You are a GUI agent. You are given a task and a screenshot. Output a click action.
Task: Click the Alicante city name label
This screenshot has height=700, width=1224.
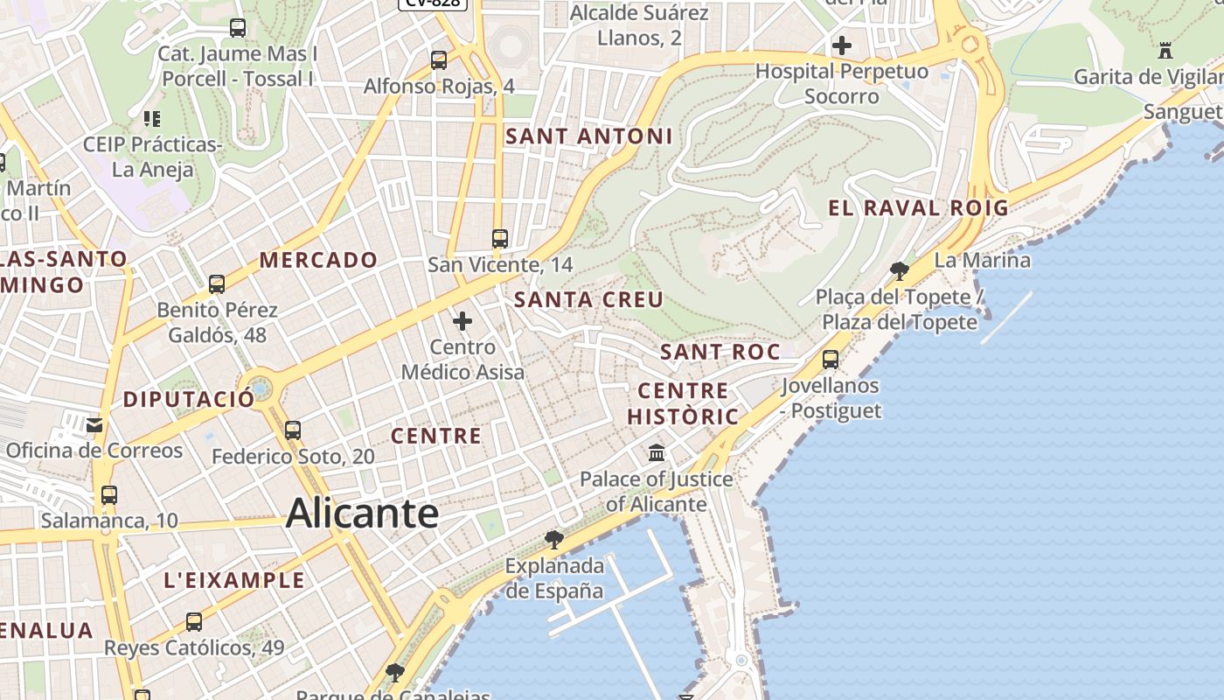tap(362, 513)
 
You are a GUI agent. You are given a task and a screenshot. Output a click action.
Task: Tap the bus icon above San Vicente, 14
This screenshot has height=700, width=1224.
tap(500, 239)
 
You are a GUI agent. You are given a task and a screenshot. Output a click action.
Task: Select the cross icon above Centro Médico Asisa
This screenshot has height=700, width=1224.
tap(462, 321)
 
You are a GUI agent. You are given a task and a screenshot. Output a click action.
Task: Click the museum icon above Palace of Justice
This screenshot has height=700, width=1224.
tap(657, 453)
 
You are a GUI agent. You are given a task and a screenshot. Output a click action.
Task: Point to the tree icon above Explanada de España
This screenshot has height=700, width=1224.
tap(553, 539)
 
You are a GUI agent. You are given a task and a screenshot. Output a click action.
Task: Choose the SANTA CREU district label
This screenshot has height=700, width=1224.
tap(588, 299)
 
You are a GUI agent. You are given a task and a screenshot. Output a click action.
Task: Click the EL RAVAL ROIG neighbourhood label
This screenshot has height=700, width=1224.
tap(918, 208)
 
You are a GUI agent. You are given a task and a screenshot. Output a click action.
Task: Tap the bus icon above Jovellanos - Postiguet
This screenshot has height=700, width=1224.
tap(831, 359)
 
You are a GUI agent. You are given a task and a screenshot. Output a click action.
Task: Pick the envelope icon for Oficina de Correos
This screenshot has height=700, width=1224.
tap(94, 426)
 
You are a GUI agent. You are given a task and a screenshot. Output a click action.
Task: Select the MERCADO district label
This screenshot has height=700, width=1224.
tap(318, 260)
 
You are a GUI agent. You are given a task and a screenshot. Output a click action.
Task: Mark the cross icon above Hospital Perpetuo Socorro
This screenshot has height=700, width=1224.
tap(842, 45)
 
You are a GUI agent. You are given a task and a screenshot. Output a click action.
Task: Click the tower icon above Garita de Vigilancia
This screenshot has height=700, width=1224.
tap(1165, 51)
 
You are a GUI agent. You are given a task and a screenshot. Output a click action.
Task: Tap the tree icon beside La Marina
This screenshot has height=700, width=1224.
tap(899, 270)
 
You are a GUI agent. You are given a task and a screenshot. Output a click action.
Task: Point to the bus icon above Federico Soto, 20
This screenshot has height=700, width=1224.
tap(293, 430)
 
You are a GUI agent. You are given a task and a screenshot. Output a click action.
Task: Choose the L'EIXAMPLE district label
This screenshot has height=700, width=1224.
tap(234, 580)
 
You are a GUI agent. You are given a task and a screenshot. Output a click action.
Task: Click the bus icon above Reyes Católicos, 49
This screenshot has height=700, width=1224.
tap(194, 622)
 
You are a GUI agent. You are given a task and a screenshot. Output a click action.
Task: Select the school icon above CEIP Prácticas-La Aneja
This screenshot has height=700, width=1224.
tap(152, 118)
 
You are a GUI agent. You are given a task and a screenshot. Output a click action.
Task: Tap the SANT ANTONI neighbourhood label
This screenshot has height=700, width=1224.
tap(589, 136)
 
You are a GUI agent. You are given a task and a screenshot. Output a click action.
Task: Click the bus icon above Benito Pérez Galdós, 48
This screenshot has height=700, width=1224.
tap(217, 284)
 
